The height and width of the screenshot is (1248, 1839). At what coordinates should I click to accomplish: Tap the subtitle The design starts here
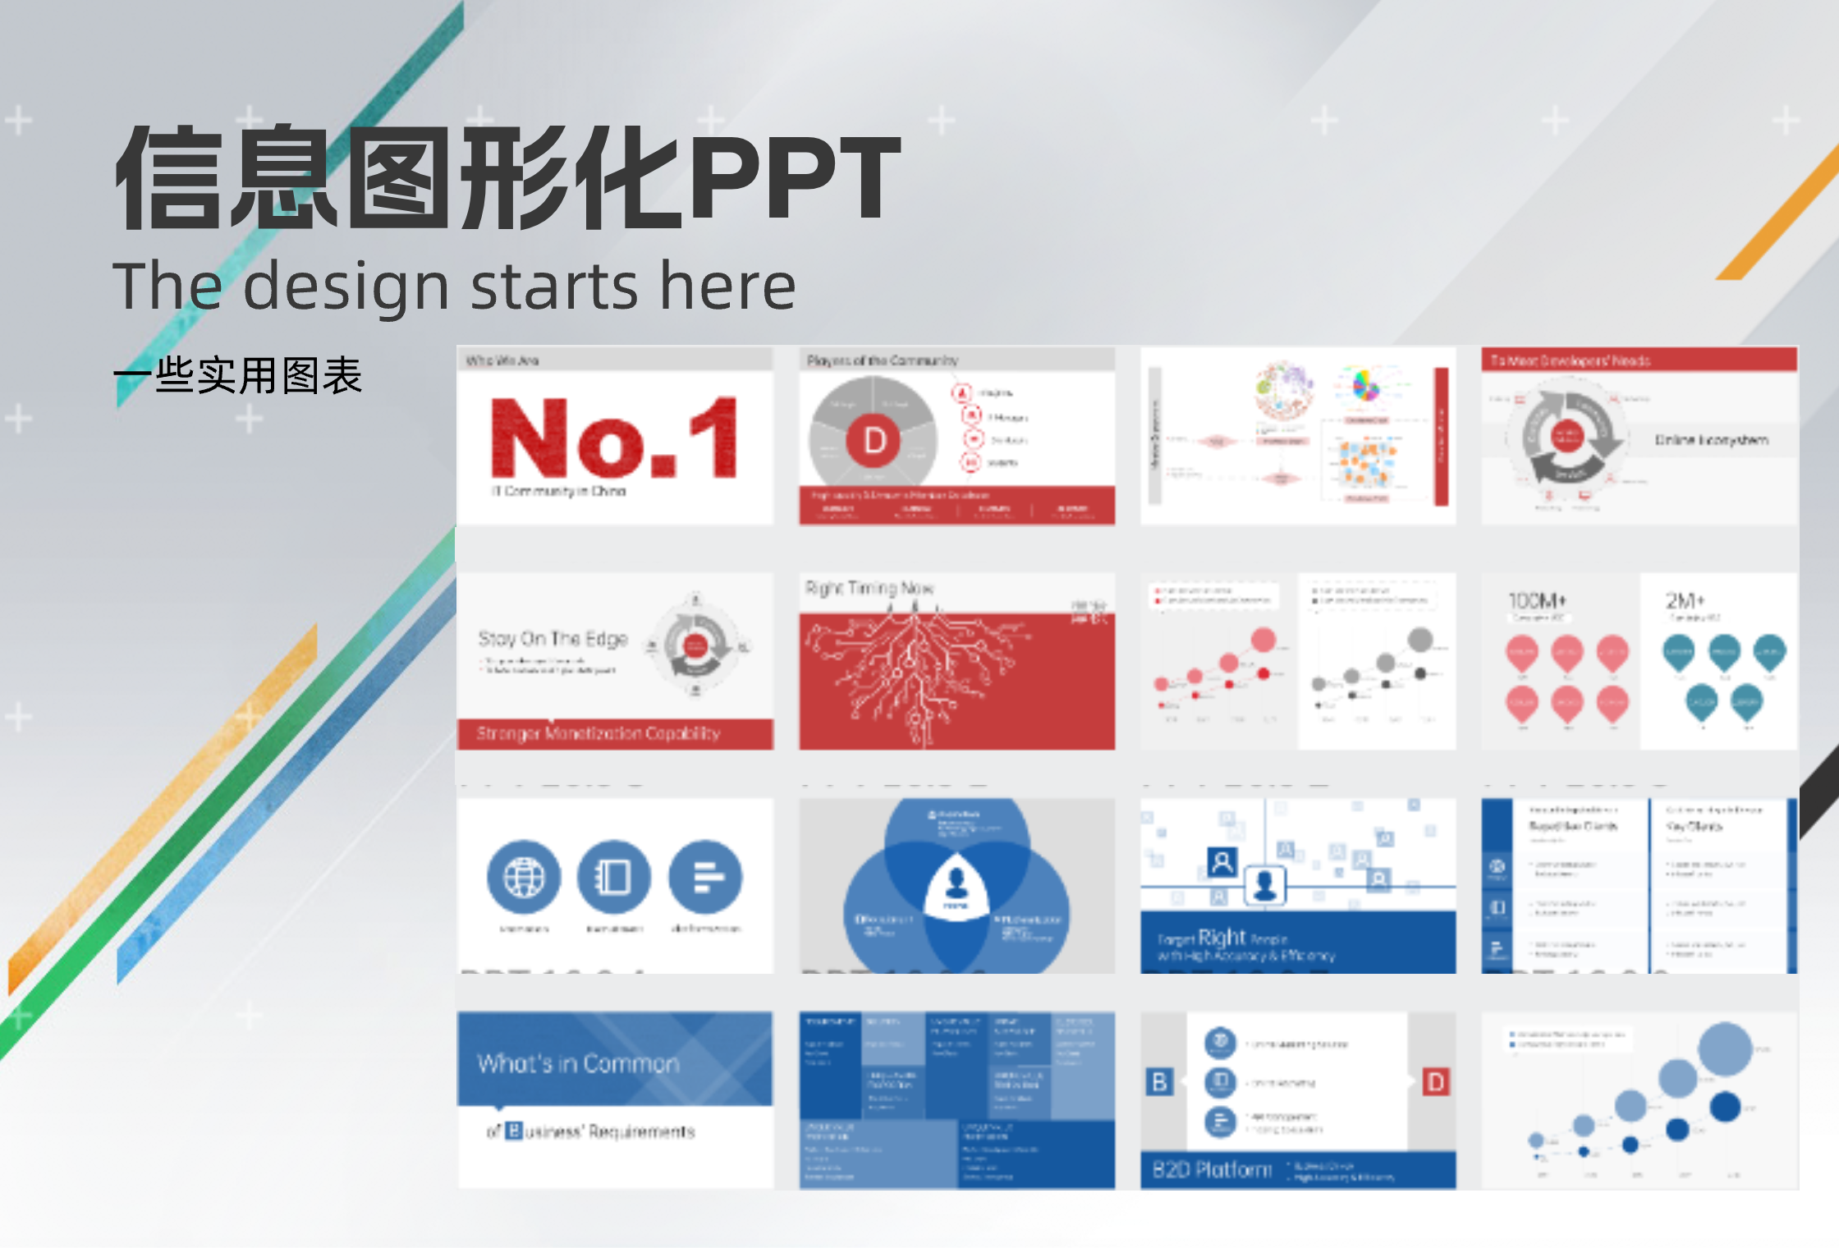[454, 287]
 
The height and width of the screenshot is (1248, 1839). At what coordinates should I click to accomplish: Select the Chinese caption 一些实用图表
[238, 376]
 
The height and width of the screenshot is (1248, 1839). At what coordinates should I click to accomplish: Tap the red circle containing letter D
[874, 441]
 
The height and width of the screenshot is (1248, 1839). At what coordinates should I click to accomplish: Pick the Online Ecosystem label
[1711, 440]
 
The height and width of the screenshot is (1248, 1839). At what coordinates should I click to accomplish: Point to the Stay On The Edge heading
[553, 639]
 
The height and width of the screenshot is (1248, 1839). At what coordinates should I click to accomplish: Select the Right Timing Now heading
[869, 589]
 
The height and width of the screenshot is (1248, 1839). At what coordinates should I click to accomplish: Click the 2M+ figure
[1685, 601]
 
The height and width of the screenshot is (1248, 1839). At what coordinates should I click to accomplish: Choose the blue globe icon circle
[524, 877]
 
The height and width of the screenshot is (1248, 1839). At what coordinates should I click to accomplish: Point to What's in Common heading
[578, 1064]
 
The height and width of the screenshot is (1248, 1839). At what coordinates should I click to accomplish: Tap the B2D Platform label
[1212, 1169]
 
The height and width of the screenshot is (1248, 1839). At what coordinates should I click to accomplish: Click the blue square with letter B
[1159, 1082]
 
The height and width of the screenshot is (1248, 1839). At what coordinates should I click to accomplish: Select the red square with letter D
[1436, 1082]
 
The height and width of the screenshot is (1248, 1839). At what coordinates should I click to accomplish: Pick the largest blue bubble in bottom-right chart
[1725, 1049]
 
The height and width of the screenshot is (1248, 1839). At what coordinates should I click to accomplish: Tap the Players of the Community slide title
[882, 360]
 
